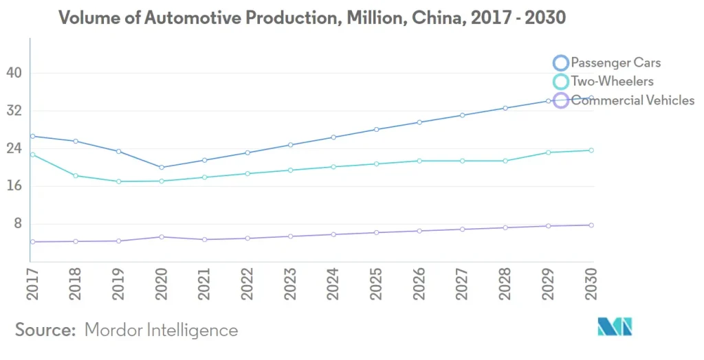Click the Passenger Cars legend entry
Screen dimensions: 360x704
(x=615, y=63)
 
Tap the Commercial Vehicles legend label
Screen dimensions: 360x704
(x=632, y=100)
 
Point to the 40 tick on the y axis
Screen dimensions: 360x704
(x=14, y=73)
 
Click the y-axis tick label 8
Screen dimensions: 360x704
(x=19, y=224)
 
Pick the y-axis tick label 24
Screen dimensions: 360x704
(x=14, y=148)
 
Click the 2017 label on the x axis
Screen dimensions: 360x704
(x=32, y=282)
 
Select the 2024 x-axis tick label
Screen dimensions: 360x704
(x=333, y=282)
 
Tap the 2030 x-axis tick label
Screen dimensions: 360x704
(x=592, y=282)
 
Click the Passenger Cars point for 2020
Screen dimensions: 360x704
(x=162, y=168)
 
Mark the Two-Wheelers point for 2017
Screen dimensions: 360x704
(x=32, y=155)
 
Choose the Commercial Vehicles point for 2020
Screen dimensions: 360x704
(x=162, y=237)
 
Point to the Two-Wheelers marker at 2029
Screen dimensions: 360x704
(x=548, y=153)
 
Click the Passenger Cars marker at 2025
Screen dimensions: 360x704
(x=376, y=129)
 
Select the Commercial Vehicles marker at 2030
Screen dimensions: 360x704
(x=591, y=225)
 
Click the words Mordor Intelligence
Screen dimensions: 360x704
(x=161, y=330)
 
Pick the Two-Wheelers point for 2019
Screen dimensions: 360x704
(x=118, y=181)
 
